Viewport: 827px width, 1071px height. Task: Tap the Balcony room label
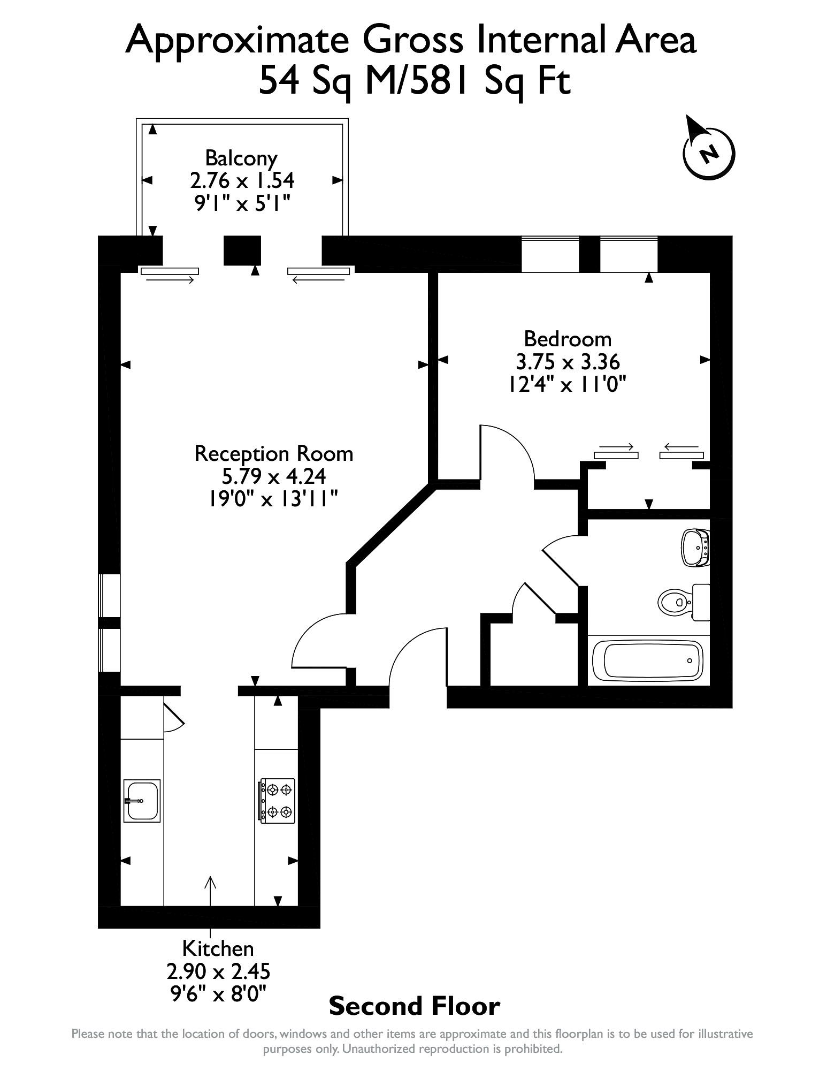[x=241, y=158]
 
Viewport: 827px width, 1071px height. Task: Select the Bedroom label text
[x=568, y=339]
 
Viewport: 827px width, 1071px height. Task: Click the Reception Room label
[x=274, y=453]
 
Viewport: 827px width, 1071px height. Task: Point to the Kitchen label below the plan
[x=218, y=948]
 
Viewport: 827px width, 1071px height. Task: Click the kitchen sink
[x=142, y=800]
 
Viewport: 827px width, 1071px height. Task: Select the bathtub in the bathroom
[x=648, y=660]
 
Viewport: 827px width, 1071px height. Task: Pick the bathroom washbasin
[x=695, y=548]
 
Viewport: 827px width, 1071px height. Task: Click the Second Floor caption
[x=415, y=1006]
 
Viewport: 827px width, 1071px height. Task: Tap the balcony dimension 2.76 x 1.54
[x=242, y=180]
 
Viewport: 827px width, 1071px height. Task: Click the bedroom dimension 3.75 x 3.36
[x=568, y=362]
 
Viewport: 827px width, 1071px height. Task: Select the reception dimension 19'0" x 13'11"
[x=273, y=499]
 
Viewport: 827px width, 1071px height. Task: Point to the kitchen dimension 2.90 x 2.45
[x=218, y=971]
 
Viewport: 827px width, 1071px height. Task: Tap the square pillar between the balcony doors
[x=242, y=250]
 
